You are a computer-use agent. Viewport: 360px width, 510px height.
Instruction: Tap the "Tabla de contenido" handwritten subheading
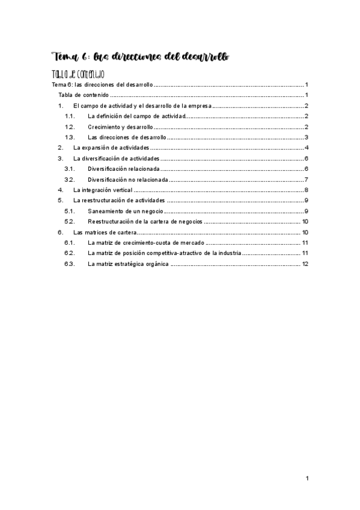pos(79,75)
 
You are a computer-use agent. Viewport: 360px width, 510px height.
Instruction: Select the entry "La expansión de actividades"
pos(111,147)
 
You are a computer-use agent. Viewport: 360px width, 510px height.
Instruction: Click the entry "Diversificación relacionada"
pos(123,169)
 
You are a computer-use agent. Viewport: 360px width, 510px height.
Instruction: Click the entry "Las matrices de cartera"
pos(105,232)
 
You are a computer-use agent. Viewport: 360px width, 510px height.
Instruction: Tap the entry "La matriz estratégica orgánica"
pos(128,264)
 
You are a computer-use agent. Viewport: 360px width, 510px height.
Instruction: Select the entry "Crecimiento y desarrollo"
pos(120,127)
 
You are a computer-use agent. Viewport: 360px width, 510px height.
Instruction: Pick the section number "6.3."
pos(69,264)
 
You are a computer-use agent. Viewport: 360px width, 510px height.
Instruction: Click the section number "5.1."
pos(69,211)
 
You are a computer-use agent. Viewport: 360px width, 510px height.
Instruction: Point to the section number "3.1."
pos(69,169)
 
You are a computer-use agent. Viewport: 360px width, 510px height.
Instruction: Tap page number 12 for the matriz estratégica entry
pos(305,264)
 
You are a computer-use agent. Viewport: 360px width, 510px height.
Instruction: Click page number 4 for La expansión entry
pos(307,147)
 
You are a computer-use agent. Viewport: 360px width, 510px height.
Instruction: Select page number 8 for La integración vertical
pos(307,190)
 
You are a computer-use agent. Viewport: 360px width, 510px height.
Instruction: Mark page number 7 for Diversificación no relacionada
pos(307,179)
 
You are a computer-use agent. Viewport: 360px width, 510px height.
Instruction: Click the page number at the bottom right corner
pos(307,479)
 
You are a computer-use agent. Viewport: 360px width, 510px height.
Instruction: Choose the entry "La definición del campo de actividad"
pos(136,116)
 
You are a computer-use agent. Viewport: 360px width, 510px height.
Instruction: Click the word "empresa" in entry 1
pos(198,105)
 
